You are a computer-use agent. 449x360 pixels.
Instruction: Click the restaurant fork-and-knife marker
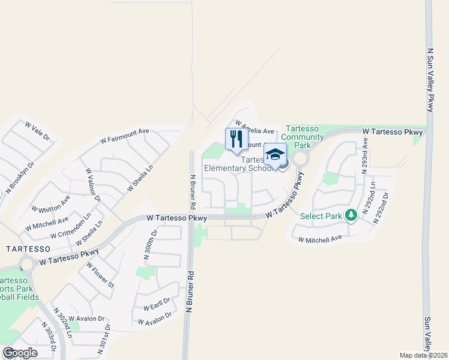tap(236, 139)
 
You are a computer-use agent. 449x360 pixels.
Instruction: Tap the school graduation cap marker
tap(275, 155)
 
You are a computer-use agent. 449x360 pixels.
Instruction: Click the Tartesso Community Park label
tap(305, 137)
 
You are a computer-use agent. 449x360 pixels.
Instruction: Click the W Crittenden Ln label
tap(71, 226)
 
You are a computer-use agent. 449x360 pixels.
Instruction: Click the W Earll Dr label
tap(157, 304)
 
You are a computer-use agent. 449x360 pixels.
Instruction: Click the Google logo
tap(20, 353)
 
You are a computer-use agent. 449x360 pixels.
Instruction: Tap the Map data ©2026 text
tap(423, 355)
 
